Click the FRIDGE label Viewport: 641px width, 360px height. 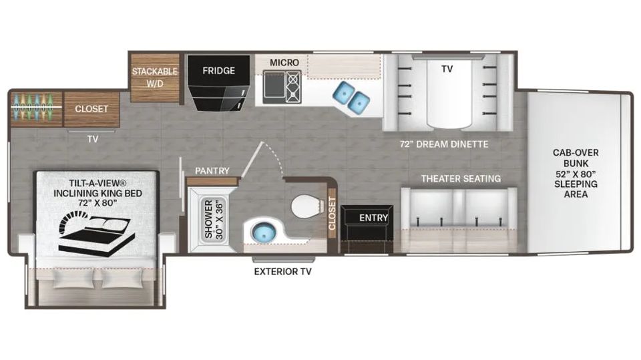point(219,71)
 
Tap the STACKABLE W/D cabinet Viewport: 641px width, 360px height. point(155,77)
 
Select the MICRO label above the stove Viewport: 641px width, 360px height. point(284,63)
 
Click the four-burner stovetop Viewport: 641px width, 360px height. point(294,87)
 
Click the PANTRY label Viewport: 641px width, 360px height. point(212,170)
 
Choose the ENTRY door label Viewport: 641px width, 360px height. point(374,218)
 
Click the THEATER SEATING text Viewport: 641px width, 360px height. point(461,179)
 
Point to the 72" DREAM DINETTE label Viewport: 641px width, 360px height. point(444,144)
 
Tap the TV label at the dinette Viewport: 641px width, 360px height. point(447,69)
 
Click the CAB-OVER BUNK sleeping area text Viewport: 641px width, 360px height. point(576,174)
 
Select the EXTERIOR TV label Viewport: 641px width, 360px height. point(283,272)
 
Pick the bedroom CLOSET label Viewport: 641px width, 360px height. point(91,109)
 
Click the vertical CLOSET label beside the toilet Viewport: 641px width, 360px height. point(332,214)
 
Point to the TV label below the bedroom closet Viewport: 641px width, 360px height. point(93,139)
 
